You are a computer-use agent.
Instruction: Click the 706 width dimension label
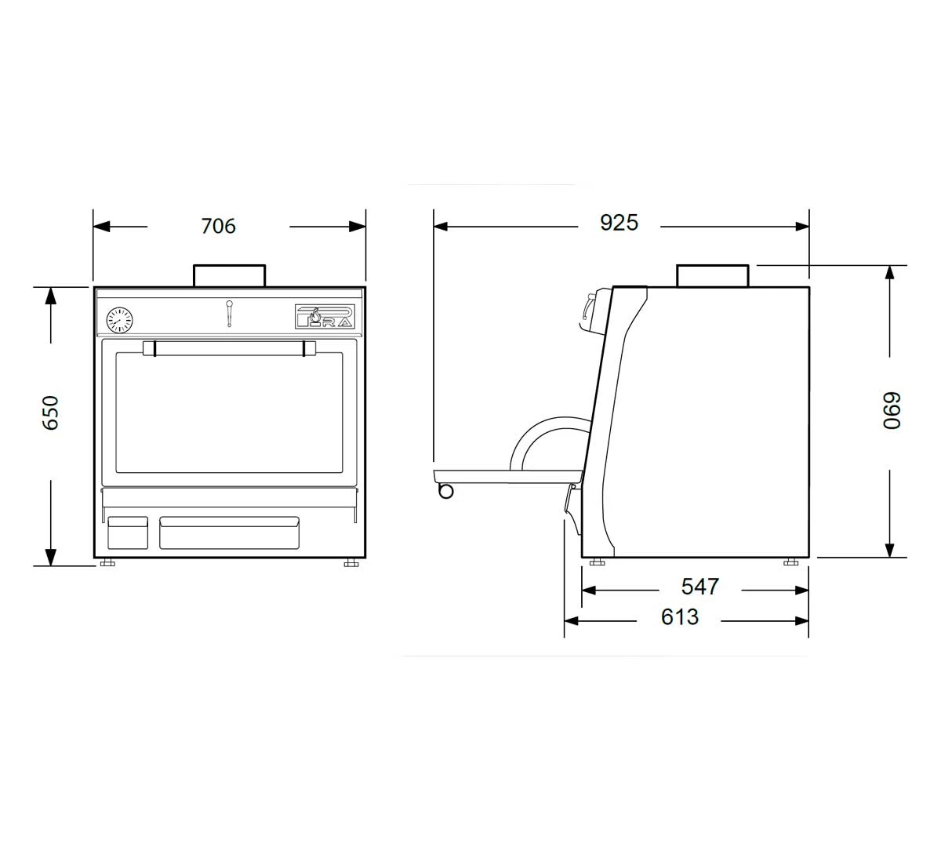coord(218,226)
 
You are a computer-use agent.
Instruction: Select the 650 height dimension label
coord(50,413)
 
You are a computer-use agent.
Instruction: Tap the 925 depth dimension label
coord(619,223)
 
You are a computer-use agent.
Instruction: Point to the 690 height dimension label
coord(891,410)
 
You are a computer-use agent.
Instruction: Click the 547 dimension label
coord(699,587)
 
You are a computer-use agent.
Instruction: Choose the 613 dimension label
coord(679,617)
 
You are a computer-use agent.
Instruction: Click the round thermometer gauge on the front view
coord(119,319)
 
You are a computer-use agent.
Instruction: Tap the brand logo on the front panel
coord(325,316)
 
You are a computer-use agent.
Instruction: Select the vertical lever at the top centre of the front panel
coord(229,313)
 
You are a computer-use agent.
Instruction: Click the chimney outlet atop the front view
coord(229,275)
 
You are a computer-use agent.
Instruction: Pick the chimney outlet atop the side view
coord(712,276)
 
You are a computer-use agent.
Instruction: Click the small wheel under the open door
coord(445,491)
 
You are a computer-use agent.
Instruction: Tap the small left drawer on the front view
coord(127,532)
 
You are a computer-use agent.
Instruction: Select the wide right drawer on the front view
coord(229,532)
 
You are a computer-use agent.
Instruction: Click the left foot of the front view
coord(107,563)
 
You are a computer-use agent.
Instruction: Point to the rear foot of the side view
coord(790,562)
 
